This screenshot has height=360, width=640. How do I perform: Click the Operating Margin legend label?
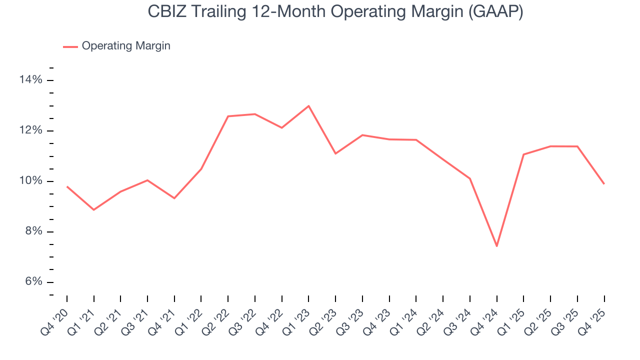click(126, 46)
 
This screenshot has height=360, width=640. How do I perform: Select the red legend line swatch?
click(70, 46)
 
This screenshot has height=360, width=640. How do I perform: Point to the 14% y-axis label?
click(31, 80)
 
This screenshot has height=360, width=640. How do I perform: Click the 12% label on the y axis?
click(31, 130)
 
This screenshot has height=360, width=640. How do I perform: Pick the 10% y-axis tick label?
click(31, 181)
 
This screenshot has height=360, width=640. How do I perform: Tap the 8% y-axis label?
click(33, 231)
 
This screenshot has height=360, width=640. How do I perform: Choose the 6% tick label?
click(33, 282)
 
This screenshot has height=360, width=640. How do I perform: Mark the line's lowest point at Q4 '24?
click(497, 246)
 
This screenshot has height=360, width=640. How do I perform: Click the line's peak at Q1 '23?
click(308, 106)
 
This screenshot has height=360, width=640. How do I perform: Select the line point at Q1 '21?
click(93, 209)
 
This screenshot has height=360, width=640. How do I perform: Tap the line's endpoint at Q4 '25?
click(604, 183)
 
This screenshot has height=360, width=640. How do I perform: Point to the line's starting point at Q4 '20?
click(67, 186)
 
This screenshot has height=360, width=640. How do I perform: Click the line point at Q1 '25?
click(523, 154)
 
